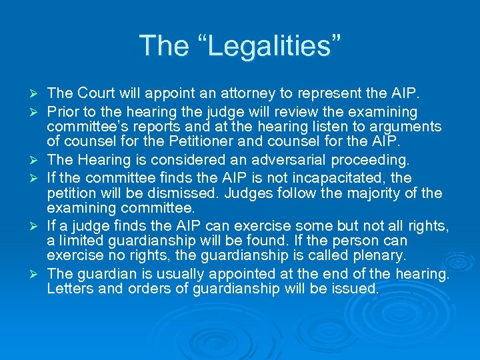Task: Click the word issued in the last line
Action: coord(357,289)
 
